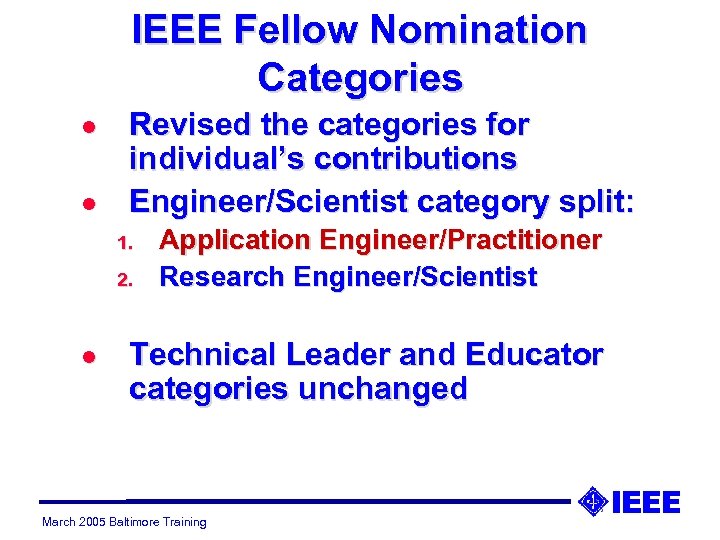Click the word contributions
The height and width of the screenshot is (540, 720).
426,159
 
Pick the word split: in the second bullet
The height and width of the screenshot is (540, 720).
595,201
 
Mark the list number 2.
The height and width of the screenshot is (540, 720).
125,279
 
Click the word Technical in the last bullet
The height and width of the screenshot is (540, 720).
202,355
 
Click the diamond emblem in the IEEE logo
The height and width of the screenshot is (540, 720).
593,500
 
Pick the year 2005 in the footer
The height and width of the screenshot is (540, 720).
87,522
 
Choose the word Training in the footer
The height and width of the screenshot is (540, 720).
186,522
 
